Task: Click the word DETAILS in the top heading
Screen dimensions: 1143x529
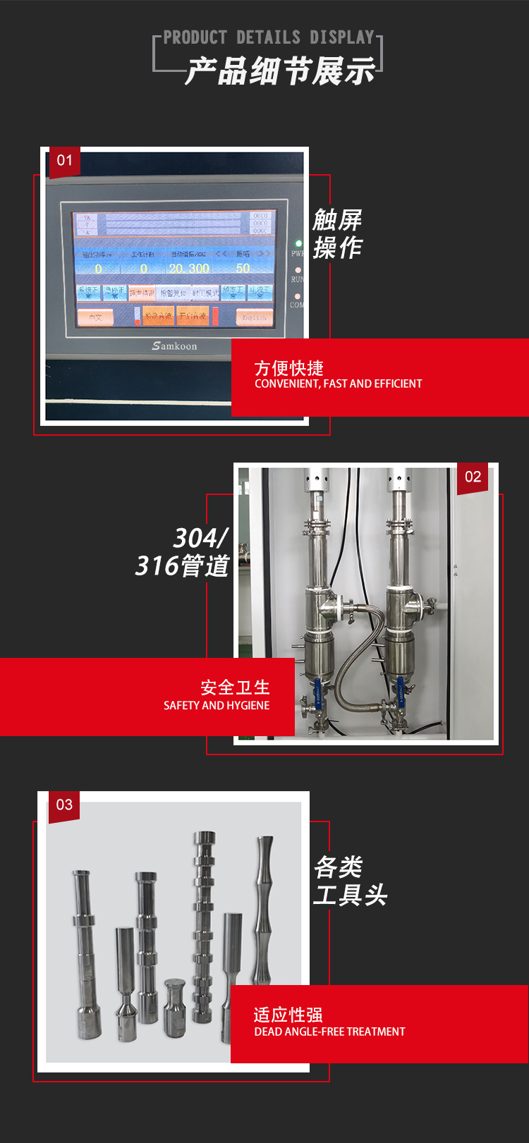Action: pos(267,37)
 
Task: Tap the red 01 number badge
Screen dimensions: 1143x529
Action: pos(64,161)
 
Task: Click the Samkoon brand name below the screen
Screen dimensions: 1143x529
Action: pos(174,346)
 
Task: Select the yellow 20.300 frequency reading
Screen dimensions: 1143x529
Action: pos(189,269)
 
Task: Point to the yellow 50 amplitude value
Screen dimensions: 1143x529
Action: pos(243,269)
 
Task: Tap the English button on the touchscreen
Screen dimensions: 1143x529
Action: pos(254,317)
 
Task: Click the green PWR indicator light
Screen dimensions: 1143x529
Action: pos(298,244)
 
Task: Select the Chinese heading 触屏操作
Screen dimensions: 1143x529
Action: pos(337,233)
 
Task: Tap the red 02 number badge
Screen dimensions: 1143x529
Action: pos(473,477)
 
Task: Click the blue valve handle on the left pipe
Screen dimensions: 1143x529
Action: pos(317,692)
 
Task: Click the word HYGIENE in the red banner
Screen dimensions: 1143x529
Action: pos(248,705)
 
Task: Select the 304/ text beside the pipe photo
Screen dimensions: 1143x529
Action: pos(200,539)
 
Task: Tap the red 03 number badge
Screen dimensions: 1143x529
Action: pos(64,805)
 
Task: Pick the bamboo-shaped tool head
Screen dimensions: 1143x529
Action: pos(264,910)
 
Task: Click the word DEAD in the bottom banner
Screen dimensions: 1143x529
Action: pos(267,1032)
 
